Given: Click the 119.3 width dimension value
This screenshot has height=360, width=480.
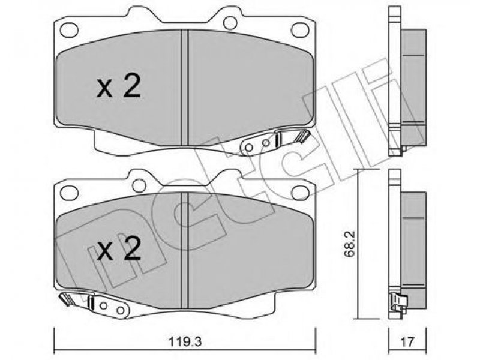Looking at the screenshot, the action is tap(185, 341).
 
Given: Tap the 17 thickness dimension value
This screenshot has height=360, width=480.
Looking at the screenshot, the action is tap(407, 341).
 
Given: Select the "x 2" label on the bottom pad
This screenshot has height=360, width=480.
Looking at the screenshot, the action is tap(119, 248).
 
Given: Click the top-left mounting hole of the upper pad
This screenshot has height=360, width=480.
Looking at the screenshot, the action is tap(69, 30).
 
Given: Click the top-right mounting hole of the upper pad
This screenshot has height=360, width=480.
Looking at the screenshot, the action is tap(299, 30).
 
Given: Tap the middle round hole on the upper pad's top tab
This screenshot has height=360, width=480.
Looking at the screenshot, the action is tap(230, 22).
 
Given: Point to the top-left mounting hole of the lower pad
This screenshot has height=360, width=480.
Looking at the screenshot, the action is tap(69, 193).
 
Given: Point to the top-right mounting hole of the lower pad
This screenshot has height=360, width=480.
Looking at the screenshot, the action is tap(300, 193).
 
